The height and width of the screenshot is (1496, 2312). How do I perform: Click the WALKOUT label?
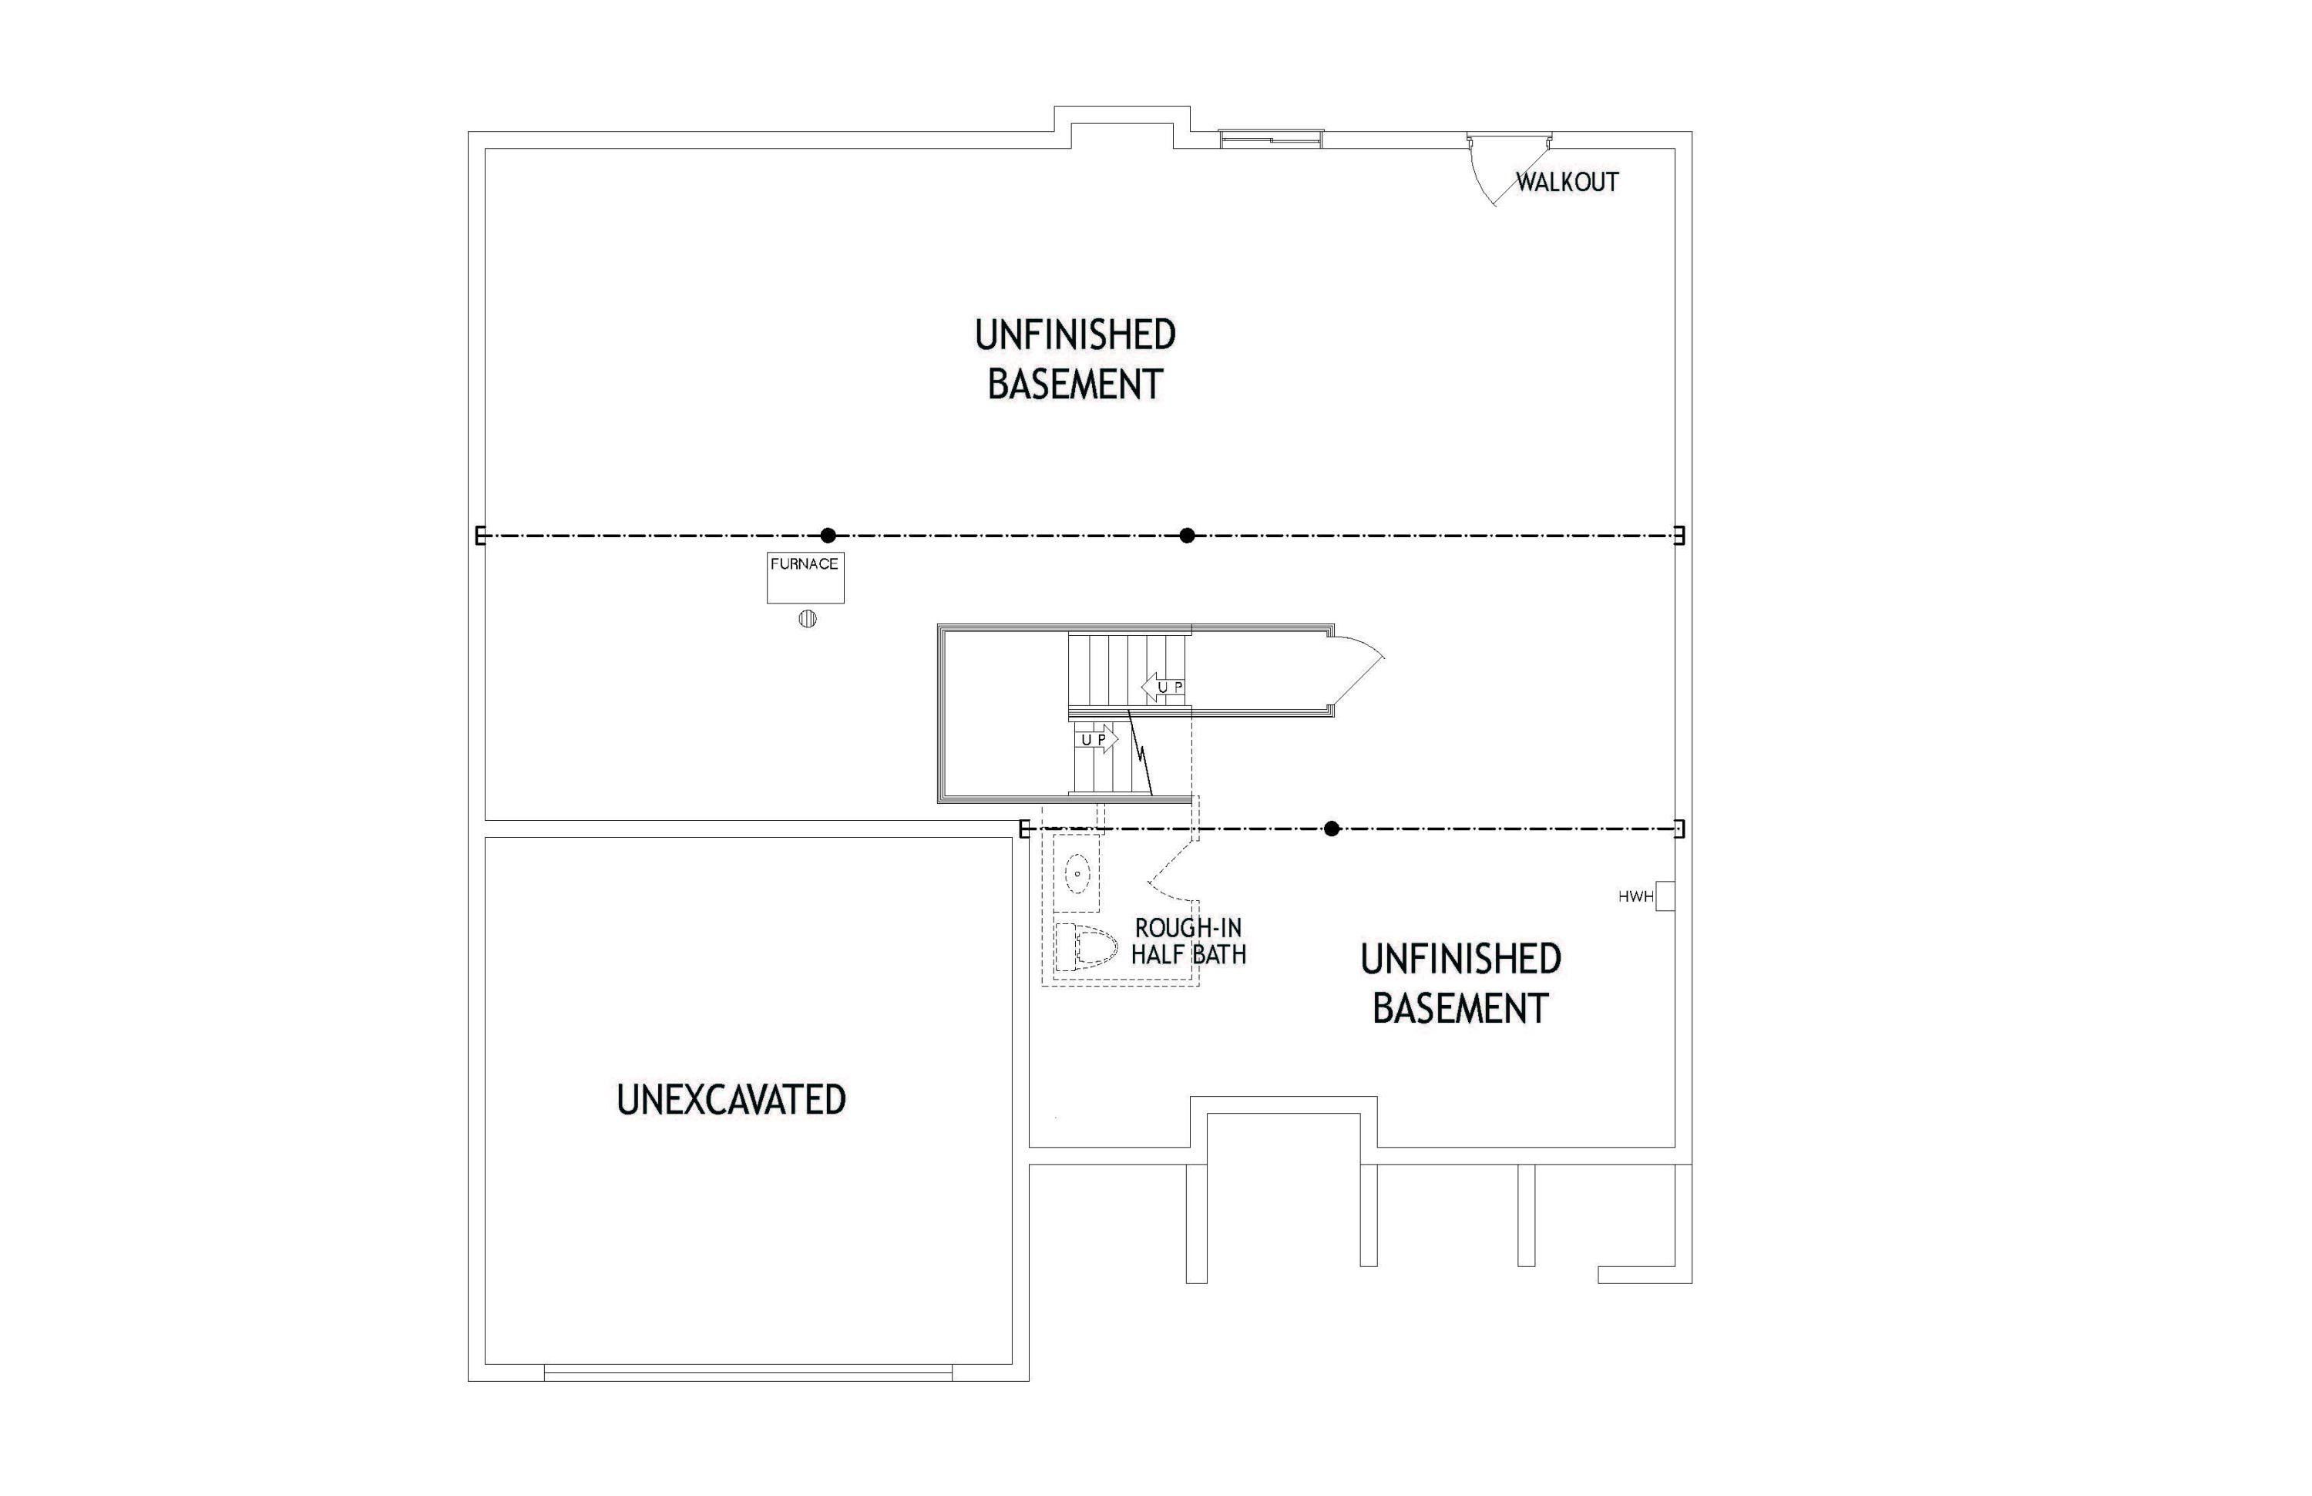[x=1567, y=182]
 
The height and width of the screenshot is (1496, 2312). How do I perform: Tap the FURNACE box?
[x=805, y=577]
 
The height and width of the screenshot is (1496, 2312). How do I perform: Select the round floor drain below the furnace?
[x=807, y=619]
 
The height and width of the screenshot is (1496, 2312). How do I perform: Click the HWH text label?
[x=1636, y=896]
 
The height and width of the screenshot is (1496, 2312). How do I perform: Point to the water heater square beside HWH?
[x=1665, y=896]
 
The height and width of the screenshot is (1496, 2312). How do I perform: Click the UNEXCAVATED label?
[x=731, y=1100]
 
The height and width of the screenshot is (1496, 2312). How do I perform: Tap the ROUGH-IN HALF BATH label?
[x=1188, y=941]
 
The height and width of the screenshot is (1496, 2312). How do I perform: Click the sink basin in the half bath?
[x=1077, y=873]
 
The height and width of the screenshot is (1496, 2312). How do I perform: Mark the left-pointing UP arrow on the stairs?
[x=1163, y=687]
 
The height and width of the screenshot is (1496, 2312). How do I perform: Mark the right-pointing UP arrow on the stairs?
[x=1097, y=740]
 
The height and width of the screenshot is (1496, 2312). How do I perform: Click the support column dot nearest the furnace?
[x=828, y=535]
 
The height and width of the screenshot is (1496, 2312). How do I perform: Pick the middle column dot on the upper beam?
[x=1187, y=535]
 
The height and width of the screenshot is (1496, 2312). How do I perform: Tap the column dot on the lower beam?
[x=1332, y=829]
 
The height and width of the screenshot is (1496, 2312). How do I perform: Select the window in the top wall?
[x=1272, y=140]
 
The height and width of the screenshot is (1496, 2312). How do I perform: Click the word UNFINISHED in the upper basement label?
[x=1075, y=335]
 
